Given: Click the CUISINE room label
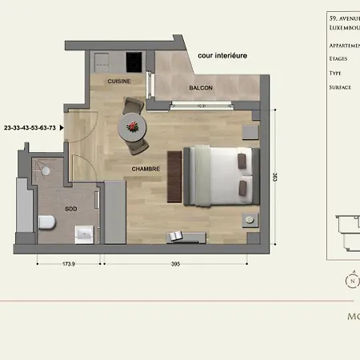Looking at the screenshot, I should point(118,81).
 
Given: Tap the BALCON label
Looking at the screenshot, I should point(201,88).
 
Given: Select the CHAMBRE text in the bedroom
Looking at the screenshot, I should point(146,169).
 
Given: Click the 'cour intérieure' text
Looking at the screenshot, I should point(223,55).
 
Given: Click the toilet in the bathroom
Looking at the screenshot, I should point(46,222).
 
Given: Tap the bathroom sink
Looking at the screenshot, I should point(85,234).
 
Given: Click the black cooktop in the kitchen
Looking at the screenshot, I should point(134,62).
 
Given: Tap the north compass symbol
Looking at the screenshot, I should point(350,280).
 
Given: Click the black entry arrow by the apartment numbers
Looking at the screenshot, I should point(62,127).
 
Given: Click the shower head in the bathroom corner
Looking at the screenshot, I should point(46,170).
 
